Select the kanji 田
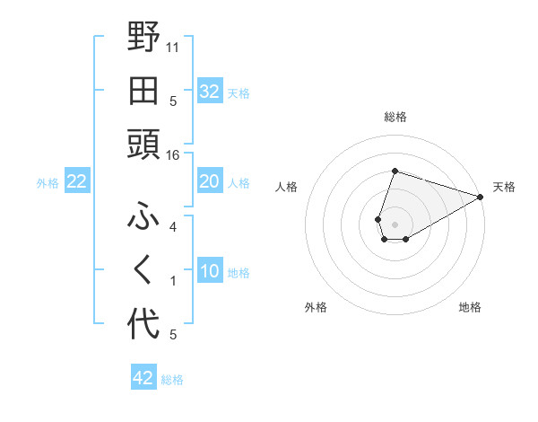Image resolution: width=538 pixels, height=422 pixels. click(144, 90)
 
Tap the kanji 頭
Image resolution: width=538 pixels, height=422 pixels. click(144, 145)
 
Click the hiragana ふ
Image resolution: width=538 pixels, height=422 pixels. click(144, 216)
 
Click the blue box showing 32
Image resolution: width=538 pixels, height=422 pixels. click(209, 91)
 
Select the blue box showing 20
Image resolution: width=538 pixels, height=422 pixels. click(209, 181)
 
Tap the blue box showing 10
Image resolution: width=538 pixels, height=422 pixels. click(209, 271)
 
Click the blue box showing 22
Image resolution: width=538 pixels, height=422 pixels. click(76, 181)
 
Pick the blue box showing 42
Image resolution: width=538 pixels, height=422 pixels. click(143, 378)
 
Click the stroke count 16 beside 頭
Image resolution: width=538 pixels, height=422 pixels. click(172, 155)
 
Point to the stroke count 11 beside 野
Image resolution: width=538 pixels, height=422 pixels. click(173, 47)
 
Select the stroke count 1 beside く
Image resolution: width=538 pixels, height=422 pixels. click(173, 281)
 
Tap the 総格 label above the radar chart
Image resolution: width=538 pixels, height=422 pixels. click(395, 117)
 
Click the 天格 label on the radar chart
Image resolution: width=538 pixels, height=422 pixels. click(504, 188)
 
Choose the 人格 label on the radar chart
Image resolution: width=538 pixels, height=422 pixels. click(286, 188)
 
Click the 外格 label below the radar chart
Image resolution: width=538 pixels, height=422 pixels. click(316, 308)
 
